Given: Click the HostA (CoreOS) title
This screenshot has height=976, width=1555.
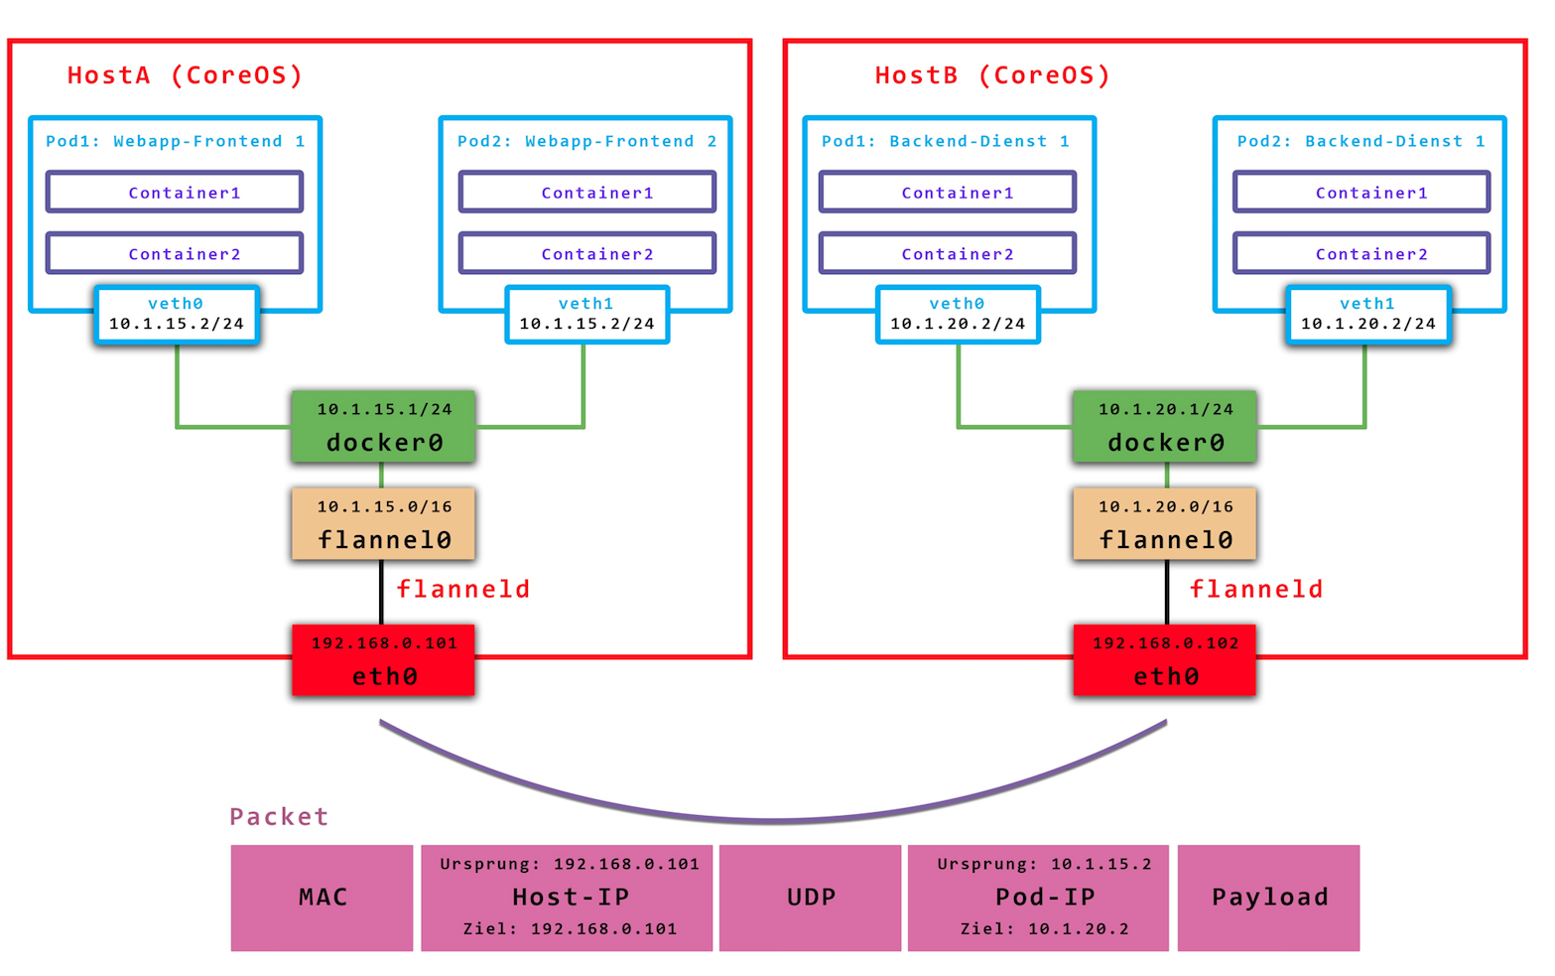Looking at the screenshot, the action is click(x=185, y=75).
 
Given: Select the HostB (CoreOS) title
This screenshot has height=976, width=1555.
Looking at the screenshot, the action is click(x=991, y=75).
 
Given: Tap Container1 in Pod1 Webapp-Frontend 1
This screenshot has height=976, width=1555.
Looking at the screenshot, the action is click(x=175, y=193).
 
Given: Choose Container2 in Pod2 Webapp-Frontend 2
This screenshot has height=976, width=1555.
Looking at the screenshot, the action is click(x=587, y=254).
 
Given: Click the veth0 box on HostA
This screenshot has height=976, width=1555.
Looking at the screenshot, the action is click(x=177, y=315).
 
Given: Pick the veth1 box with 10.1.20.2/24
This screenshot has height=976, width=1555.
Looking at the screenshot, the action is click(x=1367, y=315).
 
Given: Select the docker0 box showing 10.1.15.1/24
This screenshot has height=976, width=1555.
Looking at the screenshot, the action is click(x=383, y=427).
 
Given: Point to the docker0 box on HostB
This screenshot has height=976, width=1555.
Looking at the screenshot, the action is click(x=1165, y=427).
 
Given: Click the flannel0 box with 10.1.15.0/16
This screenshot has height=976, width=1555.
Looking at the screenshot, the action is click(x=383, y=524).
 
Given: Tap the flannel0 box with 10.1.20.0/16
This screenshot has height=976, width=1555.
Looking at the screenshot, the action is click(x=1165, y=524).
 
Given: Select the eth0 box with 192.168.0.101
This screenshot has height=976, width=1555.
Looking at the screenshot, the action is click(x=383, y=660).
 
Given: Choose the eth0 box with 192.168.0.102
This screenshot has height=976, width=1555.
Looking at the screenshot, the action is click(x=1165, y=660).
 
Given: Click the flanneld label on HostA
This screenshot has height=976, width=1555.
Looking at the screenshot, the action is click(x=462, y=590).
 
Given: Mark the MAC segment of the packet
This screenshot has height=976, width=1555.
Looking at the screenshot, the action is click(x=323, y=898).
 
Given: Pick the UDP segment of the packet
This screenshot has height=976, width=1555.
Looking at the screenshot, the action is click(x=811, y=898).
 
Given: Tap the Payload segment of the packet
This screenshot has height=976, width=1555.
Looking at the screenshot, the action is click(x=1268, y=898).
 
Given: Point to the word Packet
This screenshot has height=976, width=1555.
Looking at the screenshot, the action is click(x=279, y=817).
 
